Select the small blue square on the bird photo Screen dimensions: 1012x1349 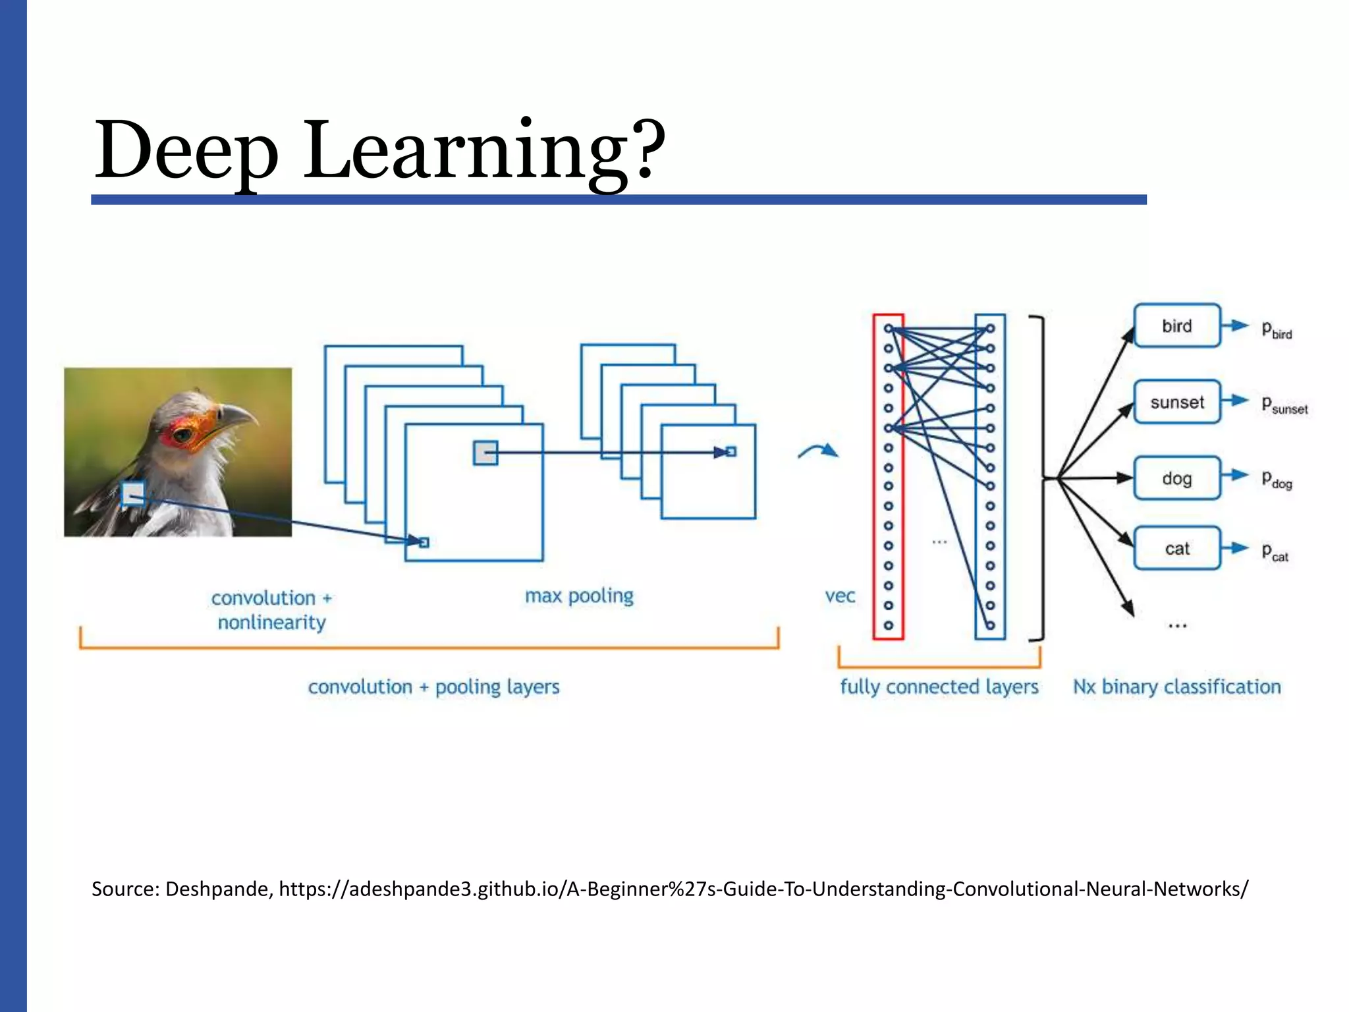pos(133,493)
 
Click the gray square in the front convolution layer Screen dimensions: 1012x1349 pos(485,453)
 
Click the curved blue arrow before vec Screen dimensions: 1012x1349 pos(818,451)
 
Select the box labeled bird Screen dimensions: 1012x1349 pos(1176,325)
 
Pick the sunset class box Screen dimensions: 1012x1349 pos(1176,402)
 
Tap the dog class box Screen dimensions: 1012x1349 pos(1176,478)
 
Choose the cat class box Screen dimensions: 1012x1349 pos(1176,548)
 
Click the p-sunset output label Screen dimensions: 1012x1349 pos(1284,405)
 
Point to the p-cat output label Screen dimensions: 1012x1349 pos(1275,552)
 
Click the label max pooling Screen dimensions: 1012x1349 pos(579,596)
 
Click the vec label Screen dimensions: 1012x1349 pos(840,596)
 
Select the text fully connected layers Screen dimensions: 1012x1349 pos(939,687)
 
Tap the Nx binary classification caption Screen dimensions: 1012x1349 pos(1176,687)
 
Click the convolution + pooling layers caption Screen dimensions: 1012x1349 pos(433,687)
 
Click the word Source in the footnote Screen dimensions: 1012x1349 pos(125,889)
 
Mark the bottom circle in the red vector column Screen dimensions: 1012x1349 pos(888,625)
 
